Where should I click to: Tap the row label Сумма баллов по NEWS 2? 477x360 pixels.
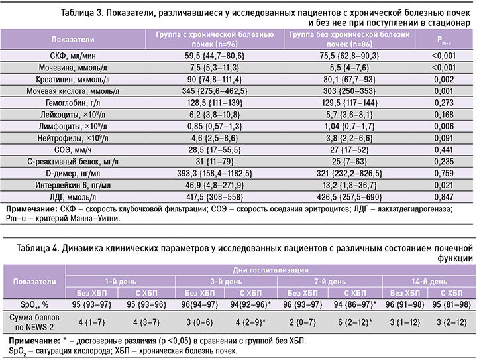coord(29,323)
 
